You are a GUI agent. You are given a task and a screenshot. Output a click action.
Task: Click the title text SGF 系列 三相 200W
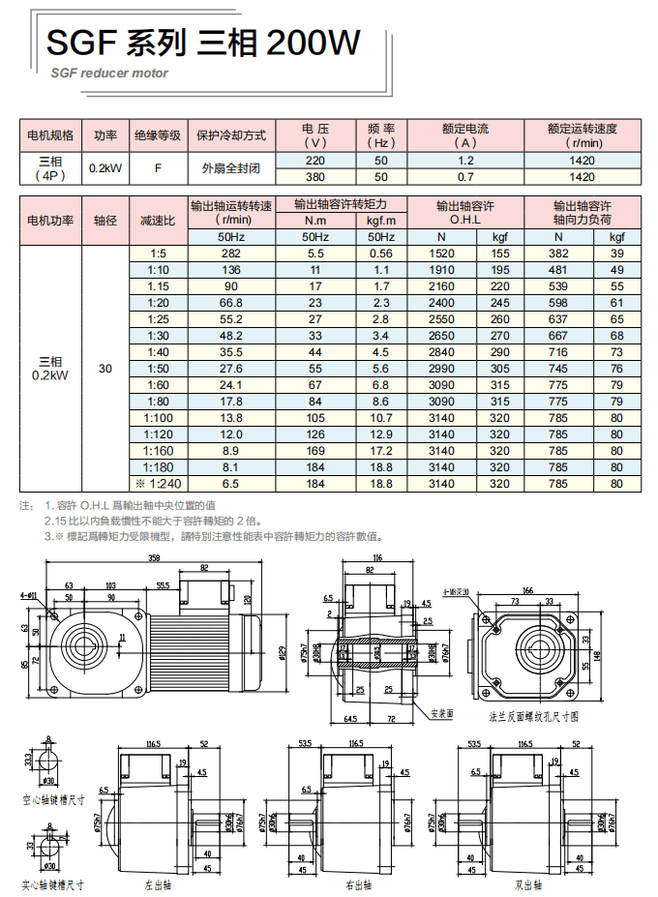pyautogui.click(x=203, y=43)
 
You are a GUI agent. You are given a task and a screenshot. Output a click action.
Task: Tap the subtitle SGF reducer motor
pyautogui.click(x=109, y=73)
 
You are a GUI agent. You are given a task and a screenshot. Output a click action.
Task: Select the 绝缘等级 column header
pyautogui.click(x=158, y=135)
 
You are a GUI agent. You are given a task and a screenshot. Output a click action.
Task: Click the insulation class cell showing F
pyautogui.click(x=158, y=167)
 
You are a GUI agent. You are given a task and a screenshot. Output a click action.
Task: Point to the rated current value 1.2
pyautogui.click(x=465, y=160)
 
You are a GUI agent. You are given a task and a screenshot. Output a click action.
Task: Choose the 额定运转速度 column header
pyautogui.click(x=582, y=135)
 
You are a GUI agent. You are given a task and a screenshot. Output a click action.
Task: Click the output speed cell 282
pyautogui.click(x=231, y=254)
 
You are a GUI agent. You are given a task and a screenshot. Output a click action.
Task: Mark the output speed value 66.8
pyautogui.click(x=231, y=303)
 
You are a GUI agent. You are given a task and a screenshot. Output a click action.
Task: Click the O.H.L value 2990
pyautogui.click(x=441, y=369)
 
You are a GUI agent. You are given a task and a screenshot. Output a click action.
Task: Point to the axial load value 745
pyautogui.click(x=558, y=369)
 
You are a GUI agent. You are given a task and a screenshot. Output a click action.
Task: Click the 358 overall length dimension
pyautogui.click(x=154, y=558)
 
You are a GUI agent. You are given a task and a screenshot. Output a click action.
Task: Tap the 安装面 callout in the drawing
pyautogui.click(x=442, y=712)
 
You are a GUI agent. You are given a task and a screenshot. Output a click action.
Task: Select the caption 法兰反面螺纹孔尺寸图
pyautogui.click(x=534, y=717)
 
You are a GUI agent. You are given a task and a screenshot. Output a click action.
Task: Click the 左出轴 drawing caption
pyautogui.click(x=158, y=884)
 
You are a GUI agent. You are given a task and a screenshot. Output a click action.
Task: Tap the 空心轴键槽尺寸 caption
pyautogui.click(x=53, y=800)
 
